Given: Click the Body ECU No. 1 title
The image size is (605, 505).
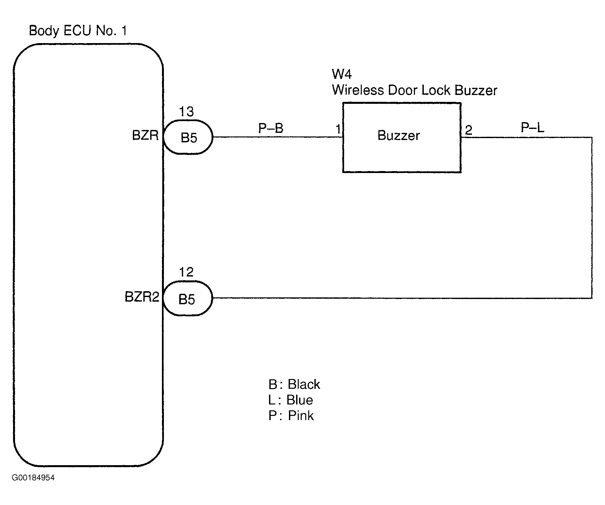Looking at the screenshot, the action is tap(78, 31).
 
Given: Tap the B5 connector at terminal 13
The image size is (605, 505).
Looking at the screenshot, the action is tap(188, 137).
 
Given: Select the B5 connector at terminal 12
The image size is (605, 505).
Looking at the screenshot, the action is tap(188, 298).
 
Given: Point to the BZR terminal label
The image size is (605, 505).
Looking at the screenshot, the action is tap(145, 135).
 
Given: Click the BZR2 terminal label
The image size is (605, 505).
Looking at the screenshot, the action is tap(142, 297).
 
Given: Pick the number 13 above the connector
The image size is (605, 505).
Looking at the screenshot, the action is tap(186, 112).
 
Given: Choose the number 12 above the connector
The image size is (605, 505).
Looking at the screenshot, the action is tap(186, 272).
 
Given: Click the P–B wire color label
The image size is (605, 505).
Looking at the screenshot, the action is tap(271, 128).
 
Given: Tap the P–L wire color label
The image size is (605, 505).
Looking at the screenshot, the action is tap(533, 128).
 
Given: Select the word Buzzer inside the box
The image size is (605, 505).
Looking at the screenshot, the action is tap(399, 135).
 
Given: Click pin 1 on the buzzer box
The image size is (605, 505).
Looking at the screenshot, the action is tap(339, 130).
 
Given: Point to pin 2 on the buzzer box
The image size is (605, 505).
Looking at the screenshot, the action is tap(469, 131).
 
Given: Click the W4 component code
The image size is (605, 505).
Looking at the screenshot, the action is tap(342, 74).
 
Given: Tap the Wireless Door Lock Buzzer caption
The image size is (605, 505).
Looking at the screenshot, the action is tap(415, 90).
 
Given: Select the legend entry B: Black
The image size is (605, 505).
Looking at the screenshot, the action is tap(294, 385).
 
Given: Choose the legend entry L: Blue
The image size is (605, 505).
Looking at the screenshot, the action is tap(291, 400).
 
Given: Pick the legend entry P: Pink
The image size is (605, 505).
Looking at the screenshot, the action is tap(291, 416).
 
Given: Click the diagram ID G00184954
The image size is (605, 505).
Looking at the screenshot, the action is tap(33, 478).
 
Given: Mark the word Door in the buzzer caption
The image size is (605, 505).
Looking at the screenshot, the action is tap(403, 90).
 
